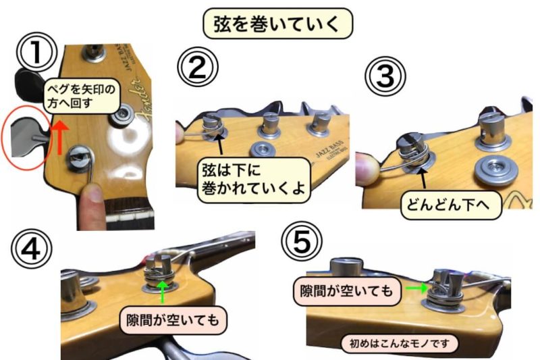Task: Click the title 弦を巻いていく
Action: (x=277, y=24)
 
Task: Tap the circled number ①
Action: (x=36, y=53)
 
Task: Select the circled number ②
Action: (x=198, y=67)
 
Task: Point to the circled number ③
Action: (x=385, y=76)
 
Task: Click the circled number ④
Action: (x=31, y=249)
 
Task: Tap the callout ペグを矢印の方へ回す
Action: (x=82, y=96)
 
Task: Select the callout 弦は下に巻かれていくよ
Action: (x=254, y=180)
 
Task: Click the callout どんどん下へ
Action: (x=451, y=205)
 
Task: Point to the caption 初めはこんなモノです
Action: (x=400, y=344)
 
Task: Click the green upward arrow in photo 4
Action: (x=163, y=292)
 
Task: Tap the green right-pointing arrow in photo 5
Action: (x=417, y=288)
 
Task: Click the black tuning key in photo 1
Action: (x=28, y=82)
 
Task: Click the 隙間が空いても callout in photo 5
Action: (x=346, y=291)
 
